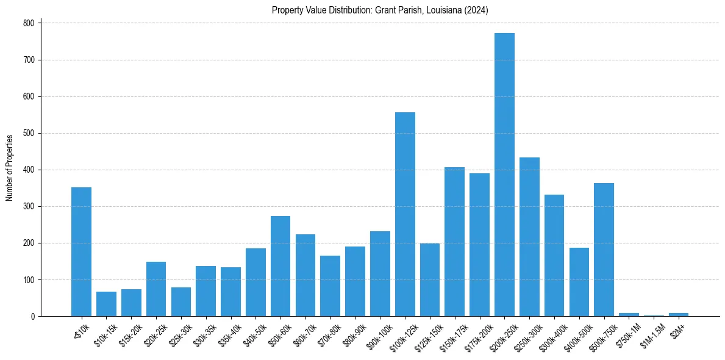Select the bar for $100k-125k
click(405, 214)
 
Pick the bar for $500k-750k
click(604, 250)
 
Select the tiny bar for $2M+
click(679, 314)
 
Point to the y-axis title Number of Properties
click(9, 168)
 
